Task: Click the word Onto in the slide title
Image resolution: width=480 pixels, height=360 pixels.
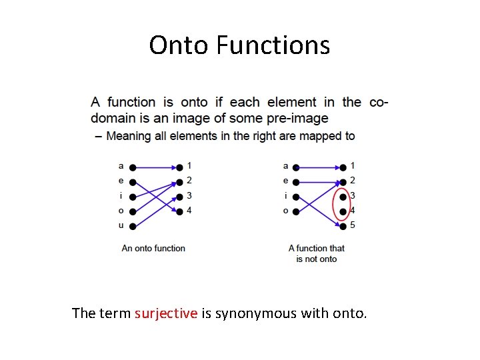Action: (x=175, y=45)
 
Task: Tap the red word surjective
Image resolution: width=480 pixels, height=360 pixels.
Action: (x=166, y=313)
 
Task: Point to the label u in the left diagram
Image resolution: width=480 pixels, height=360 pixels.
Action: (x=121, y=225)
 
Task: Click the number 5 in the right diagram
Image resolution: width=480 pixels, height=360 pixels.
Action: (x=353, y=225)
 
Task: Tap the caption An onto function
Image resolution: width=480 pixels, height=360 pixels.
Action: (x=153, y=248)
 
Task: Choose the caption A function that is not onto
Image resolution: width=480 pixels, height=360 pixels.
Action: (x=317, y=253)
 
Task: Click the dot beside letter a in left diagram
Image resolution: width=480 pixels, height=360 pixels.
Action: (x=133, y=167)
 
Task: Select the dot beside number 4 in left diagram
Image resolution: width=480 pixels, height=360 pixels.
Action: (x=179, y=211)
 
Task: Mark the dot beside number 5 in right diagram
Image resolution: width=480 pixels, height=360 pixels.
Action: (x=343, y=226)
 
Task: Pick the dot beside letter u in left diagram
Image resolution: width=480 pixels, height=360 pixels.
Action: (x=133, y=227)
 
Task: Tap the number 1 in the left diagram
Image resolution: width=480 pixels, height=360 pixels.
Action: (x=189, y=165)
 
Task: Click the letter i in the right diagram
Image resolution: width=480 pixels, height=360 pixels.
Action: (x=286, y=195)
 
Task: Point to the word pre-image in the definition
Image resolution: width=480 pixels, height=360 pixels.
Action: (x=299, y=119)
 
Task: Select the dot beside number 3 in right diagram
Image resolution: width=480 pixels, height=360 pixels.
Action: (x=343, y=197)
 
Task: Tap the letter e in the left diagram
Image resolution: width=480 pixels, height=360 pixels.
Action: (x=121, y=181)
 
